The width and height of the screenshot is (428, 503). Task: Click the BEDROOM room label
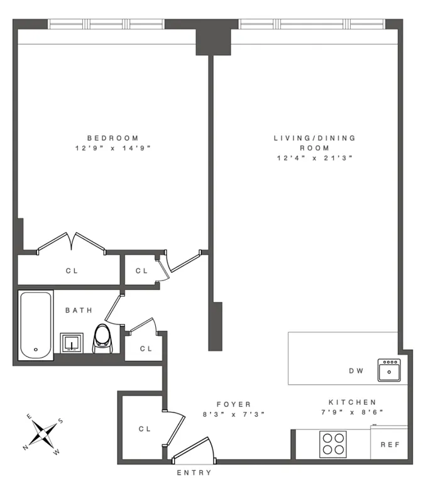112,138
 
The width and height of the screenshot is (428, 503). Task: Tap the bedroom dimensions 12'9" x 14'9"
112,148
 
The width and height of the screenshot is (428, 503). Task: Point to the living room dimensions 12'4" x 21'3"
314,158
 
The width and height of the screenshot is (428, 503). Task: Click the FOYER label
234,404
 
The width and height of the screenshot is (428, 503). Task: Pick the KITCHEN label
352,402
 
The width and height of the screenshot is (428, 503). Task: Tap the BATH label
79,310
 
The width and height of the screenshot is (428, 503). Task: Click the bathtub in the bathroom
36,326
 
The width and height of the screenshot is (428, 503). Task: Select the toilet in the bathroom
102,338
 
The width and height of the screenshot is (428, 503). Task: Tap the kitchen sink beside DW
388,370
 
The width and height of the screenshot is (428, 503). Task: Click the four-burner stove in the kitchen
332,444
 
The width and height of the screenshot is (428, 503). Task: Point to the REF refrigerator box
389,444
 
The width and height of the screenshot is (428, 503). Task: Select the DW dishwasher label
356,371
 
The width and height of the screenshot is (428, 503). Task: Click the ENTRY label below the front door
194,473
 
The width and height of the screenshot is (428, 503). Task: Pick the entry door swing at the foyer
195,448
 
